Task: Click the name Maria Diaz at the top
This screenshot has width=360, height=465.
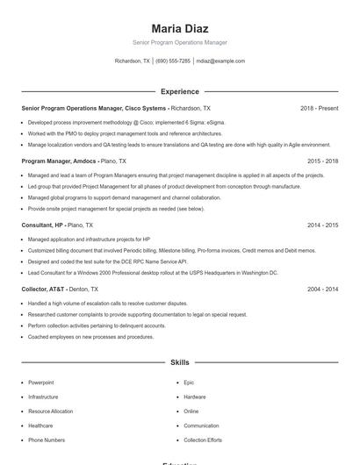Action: [x=179, y=29]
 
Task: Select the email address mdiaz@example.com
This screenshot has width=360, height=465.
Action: [x=220, y=61]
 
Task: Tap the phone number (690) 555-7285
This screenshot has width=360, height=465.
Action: [x=173, y=61]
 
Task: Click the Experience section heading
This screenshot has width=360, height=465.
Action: [x=179, y=91]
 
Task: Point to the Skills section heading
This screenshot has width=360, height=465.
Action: [x=179, y=361]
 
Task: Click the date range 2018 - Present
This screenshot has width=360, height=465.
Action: [x=319, y=108]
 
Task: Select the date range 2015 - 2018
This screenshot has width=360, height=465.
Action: [x=322, y=161]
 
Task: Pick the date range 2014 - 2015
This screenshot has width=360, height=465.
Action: [x=322, y=225]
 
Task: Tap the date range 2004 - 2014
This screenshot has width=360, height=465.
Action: [x=322, y=289]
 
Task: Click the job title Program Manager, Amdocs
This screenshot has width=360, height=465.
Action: [x=59, y=161]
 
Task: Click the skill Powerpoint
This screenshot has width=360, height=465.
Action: [x=40, y=383]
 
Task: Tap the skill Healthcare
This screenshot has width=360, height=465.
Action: [x=40, y=426]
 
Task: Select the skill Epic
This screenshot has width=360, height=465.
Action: [x=189, y=383]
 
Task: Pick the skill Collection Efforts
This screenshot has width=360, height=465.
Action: [x=203, y=440]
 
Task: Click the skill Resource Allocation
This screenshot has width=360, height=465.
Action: [x=50, y=411]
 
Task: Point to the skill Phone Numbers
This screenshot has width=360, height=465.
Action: [x=47, y=440]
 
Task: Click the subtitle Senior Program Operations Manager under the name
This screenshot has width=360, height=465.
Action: [x=179, y=42]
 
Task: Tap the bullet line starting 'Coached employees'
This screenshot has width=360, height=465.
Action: [x=90, y=337]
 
